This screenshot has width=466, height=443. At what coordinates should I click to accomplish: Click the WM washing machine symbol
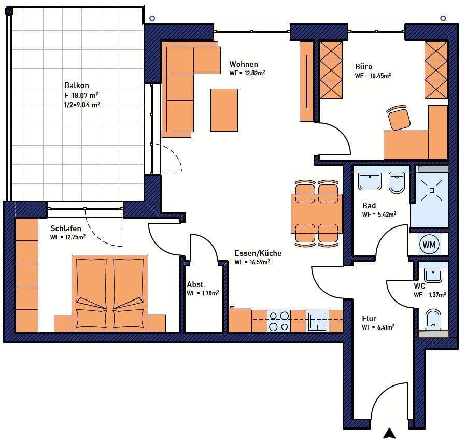(x=429, y=245)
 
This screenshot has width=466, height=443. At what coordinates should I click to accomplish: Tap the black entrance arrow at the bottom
(x=389, y=434)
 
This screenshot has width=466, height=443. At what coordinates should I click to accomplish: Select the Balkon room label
(x=77, y=85)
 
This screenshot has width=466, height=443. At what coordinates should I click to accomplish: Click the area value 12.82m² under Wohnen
(x=255, y=73)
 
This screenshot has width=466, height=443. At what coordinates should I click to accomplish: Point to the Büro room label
(x=363, y=66)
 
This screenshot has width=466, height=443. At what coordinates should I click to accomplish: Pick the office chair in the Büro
(x=399, y=118)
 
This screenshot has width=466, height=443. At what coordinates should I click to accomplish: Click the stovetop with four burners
(x=279, y=321)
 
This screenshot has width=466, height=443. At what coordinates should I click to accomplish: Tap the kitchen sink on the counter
(x=317, y=321)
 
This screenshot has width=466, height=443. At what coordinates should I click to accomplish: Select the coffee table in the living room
(x=224, y=110)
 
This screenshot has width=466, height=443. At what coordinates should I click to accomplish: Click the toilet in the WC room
(x=433, y=319)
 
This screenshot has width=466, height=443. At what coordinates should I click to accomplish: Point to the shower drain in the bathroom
(x=432, y=191)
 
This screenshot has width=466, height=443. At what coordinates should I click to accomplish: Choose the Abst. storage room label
(x=196, y=284)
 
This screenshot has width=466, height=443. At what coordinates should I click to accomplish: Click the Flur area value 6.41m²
(x=386, y=327)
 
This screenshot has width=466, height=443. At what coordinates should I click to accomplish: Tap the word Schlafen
(x=66, y=228)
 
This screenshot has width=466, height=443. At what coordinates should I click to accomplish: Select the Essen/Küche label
(x=258, y=253)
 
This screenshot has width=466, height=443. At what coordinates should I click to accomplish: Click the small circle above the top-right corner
(x=443, y=18)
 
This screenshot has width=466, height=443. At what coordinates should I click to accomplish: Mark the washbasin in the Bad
(x=370, y=182)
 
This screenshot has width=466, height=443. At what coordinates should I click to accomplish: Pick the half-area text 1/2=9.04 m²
(x=82, y=105)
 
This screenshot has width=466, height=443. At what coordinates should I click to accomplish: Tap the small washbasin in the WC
(x=433, y=276)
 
